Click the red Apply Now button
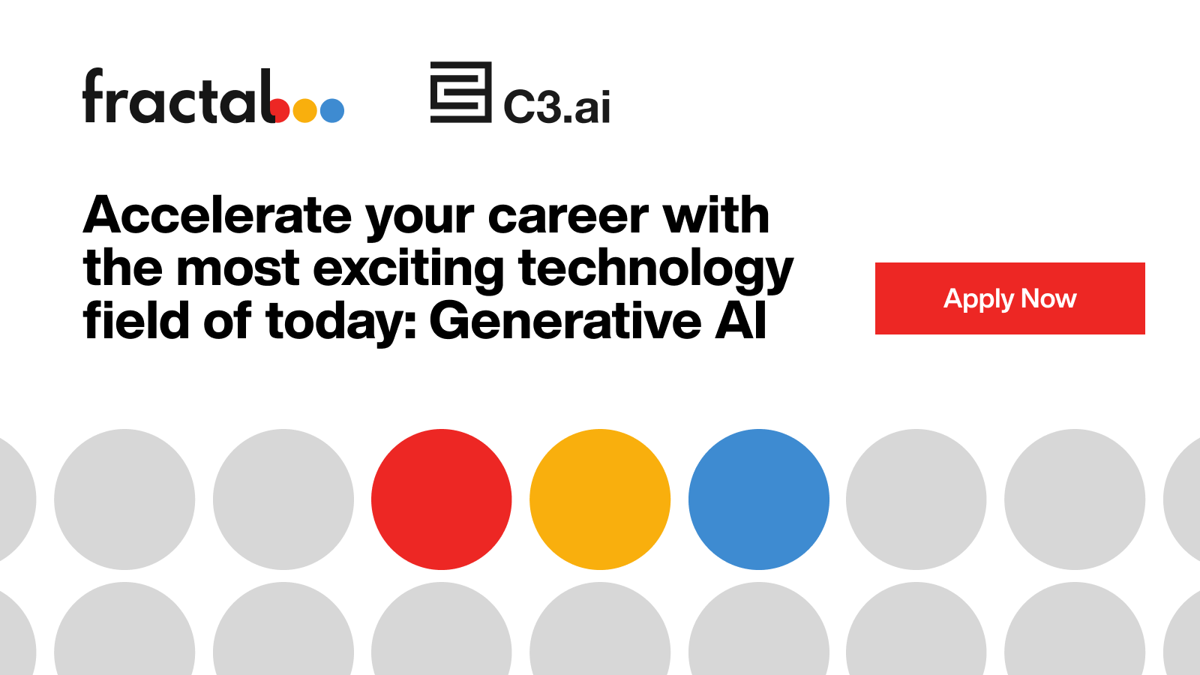[x=1009, y=298]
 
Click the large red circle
[x=442, y=499]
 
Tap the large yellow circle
[x=600, y=499]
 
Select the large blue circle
[x=758, y=499]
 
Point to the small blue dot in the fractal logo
[x=332, y=111]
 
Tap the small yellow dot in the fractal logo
[x=304, y=111]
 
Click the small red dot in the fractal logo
[x=280, y=109]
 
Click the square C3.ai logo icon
[x=460, y=92]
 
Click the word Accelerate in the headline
[x=217, y=216]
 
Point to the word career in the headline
[x=568, y=216]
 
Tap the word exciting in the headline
[x=409, y=268]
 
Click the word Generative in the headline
[x=565, y=321]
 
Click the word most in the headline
[x=238, y=269]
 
